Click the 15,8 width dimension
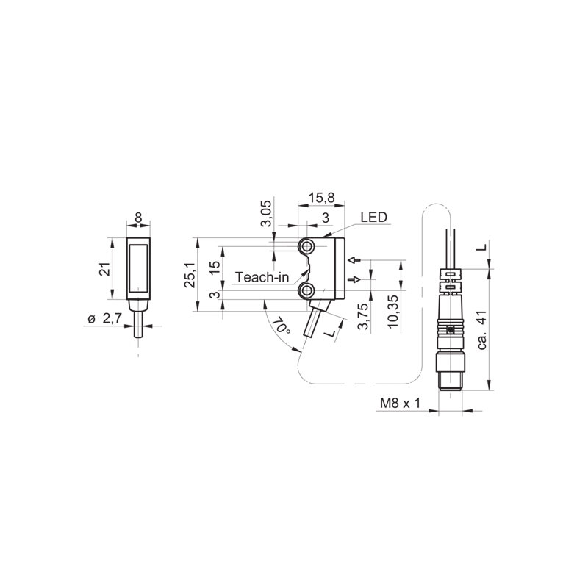click(321, 198)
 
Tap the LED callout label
click(373, 217)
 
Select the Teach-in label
click(262, 277)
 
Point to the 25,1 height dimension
click(190, 275)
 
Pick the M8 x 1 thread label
click(400, 404)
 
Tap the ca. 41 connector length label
click(482, 329)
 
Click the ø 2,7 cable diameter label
click(104, 319)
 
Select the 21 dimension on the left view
click(106, 269)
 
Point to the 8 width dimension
click(138, 218)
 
